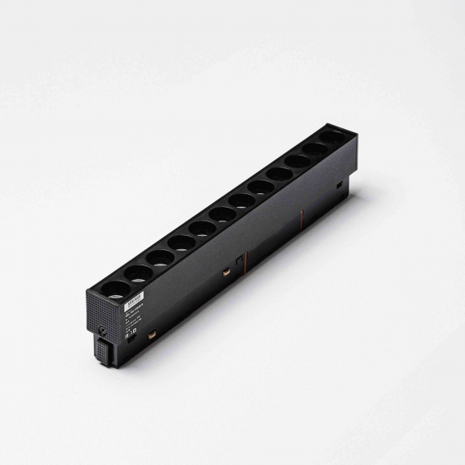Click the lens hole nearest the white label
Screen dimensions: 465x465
click(117, 289)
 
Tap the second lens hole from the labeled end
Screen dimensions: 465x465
click(139, 273)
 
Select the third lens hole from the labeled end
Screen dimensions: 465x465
click(160, 257)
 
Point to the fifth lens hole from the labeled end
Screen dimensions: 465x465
click(202, 228)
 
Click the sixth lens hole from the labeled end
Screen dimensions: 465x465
click(222, 214)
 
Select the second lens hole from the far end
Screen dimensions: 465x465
click(316, 150)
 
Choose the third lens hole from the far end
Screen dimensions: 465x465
click(297, 162)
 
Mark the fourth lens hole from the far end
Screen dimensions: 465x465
click(279, 174)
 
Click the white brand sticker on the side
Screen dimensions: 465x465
click(135, 301)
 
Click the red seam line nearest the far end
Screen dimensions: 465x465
click(301, 216)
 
